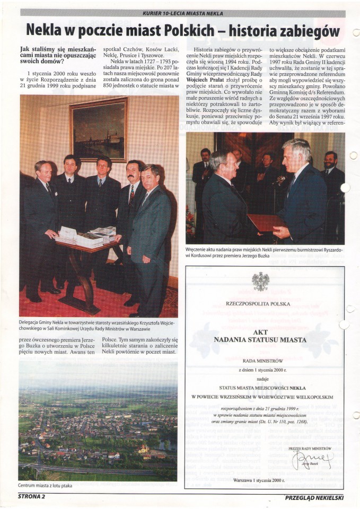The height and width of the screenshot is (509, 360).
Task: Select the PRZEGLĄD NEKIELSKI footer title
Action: pos(314,497)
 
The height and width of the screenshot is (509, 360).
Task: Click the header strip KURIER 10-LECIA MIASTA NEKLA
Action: pos(183,13)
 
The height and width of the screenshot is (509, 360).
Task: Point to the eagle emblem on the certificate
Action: pos(260,282)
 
